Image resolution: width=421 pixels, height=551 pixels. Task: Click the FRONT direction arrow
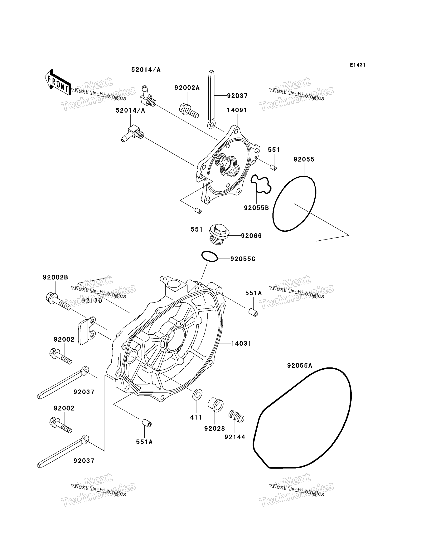(58, 83)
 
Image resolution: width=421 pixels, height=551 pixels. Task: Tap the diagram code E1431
(358, 65)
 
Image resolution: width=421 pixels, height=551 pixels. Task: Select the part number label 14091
(237, 110)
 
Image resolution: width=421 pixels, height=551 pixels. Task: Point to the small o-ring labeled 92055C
(210, 256)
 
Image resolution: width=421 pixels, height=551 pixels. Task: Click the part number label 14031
(241, 344)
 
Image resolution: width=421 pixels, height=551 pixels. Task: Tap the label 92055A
(300, 366)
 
